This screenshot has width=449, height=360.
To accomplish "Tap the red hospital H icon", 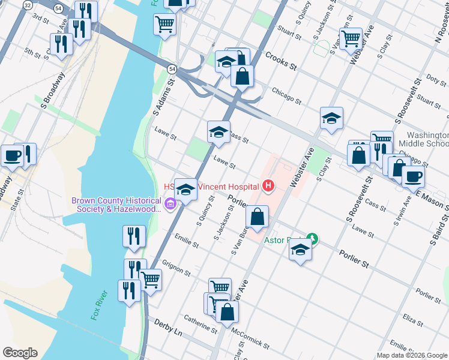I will [268, 187].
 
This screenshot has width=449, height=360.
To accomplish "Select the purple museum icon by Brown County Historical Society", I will [171, 205].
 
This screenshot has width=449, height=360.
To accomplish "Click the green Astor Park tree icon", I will [312, 239].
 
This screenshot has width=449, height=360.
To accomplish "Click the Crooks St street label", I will [282, 65].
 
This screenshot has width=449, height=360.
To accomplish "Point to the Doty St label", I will [432, 78].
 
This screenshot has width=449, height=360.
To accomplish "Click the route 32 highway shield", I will [28, 5].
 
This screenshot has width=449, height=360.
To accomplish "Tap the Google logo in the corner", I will [20, 353].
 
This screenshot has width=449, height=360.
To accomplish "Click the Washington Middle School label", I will [427, 139].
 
